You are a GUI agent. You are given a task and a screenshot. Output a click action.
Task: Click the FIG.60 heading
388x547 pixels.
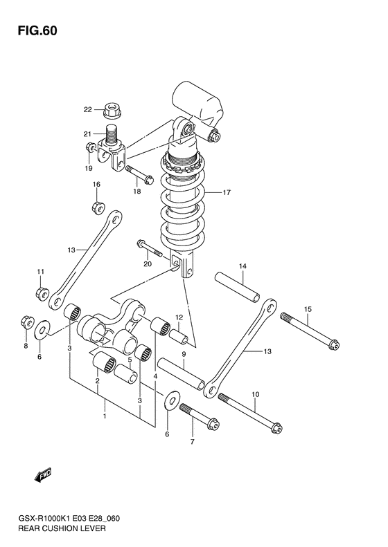pyautogui.click(x=37, y=31)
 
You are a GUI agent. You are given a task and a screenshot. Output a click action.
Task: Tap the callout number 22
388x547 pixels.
pyautogui.click(x=87, y=110)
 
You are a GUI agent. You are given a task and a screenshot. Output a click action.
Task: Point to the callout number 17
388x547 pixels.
pyautogui.click(x=227, y=192)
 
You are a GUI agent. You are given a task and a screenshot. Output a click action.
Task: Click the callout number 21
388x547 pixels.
pyautogui.click(x=87, y=134)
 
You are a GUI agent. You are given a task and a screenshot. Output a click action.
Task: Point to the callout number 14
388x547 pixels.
pyautogui.click(x=243, y=266)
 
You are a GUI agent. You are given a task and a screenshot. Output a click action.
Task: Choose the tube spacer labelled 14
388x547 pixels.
pyautogui.click(x=238, y=288)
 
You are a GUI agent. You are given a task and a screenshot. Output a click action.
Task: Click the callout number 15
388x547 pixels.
pyautogui.click(x=308, y=309)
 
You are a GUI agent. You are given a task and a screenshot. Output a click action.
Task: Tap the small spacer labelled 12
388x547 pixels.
pyautogui.click(x=179, y=335)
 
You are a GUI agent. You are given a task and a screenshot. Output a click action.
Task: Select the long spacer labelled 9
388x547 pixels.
pyautogui.click(x=181, y=373)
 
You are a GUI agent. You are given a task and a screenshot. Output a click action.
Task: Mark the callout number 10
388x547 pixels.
pyautogui.click(x=255, y=395)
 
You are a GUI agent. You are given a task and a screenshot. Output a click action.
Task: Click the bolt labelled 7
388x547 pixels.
pyautogui.click(x=199, y=417)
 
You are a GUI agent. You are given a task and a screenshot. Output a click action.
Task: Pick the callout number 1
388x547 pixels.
pyautogui.click(x=105, y=416)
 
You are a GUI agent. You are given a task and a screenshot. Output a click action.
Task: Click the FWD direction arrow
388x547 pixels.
pyautogui.click(x=43, y=475)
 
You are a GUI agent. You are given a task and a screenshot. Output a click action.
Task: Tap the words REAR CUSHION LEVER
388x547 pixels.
pyautogui.click(x=62, y=528)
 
